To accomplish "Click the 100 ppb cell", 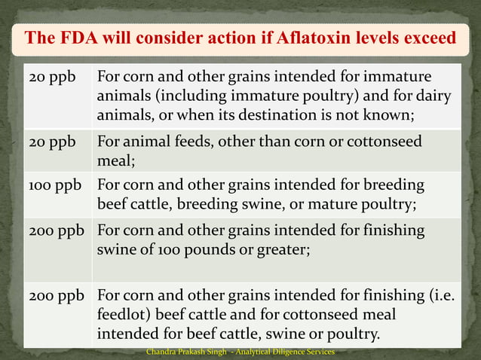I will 55,185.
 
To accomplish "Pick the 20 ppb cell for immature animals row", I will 50,78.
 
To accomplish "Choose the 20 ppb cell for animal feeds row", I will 50,142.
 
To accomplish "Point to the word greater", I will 282,250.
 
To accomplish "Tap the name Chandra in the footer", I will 166,352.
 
